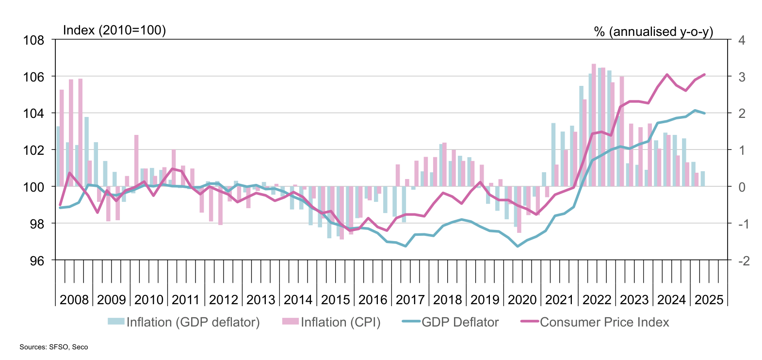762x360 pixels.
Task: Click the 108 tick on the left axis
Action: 33,40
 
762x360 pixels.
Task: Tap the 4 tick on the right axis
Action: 741,40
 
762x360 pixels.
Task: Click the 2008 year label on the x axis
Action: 74,299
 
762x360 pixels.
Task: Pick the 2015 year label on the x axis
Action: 336,299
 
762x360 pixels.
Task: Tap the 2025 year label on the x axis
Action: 709,299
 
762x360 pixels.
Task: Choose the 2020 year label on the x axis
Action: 522,299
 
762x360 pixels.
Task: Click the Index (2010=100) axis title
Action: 114,30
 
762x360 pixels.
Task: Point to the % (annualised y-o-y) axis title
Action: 653,32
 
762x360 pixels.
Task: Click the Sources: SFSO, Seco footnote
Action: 54,347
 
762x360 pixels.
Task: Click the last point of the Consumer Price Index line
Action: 704,74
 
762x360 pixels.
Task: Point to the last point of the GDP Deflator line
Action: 704,113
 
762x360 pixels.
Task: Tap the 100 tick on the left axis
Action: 33,187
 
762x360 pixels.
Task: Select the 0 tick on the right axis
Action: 741,187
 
